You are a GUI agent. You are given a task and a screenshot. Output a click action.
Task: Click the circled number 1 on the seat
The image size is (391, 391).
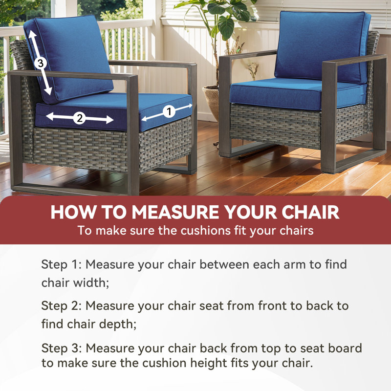click(x=169, y=111)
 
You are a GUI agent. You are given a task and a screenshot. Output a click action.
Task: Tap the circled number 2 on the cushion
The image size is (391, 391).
click(x=80, y=118)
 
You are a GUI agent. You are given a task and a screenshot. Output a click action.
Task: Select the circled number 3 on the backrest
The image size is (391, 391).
click(x=41, y=63)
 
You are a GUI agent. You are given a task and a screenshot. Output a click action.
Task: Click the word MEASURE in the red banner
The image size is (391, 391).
click(x=176, y=212)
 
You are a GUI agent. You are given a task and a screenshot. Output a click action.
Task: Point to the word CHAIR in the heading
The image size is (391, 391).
click(x=310, y=212)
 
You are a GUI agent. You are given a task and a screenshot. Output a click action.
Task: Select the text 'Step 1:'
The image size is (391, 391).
click(x=62, y=264)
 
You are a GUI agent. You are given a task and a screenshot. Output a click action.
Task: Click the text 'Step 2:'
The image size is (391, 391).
click(x=62, y=306)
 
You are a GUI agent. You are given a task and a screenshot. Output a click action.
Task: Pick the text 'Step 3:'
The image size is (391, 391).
click(x=62, y=348)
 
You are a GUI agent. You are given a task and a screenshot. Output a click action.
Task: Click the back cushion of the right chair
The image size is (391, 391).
click(x=322, y=47)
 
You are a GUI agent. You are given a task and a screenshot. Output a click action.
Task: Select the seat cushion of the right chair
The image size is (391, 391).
click(x=298, y=93)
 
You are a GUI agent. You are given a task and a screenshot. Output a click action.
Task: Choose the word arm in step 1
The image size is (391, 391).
click(x=295, y=264)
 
